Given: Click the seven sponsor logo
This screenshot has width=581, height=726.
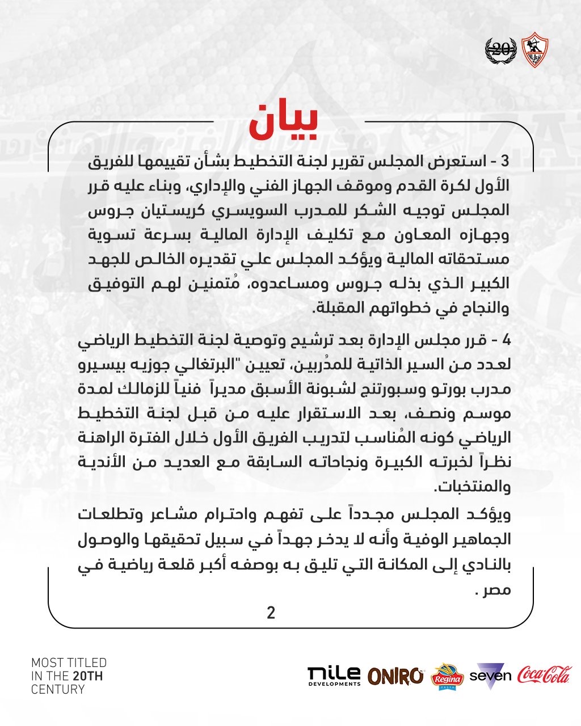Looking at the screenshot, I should click(x=490, y=676).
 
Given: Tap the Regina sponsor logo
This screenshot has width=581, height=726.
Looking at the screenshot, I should click(x=448, y=676).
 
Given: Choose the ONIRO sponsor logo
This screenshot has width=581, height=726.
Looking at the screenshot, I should click(x=395, y=676).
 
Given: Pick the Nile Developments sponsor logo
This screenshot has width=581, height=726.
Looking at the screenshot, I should click(x=334, y=676).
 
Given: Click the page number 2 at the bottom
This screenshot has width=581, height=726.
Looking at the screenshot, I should click(x=271, y=613).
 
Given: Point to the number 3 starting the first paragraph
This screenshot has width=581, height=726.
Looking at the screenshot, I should click(x=506, y=162).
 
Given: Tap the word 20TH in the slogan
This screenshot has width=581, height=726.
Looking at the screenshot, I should click(x=87, y=676).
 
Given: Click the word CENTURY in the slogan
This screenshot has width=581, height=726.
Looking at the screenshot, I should click(x=58, y=690).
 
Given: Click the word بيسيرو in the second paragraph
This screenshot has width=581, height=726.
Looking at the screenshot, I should click(x=102, y=365).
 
